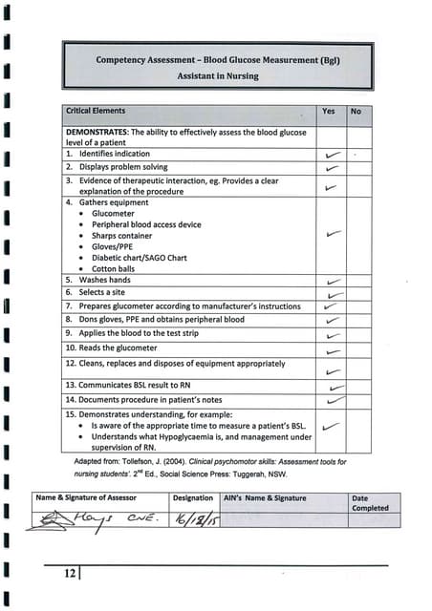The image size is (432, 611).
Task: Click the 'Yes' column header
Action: click(x=328, y=112)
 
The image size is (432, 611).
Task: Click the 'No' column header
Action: click(x=356, y=112)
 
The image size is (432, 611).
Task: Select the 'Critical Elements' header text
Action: click(x=96, y=112)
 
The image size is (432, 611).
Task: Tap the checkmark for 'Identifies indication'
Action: click(x=332, y=154)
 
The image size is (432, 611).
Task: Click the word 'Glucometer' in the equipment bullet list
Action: click(x=114, y=214)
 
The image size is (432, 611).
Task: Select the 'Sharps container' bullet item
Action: click(x=121, y=236)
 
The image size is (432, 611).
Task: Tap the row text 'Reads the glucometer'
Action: click(x=111, y=348)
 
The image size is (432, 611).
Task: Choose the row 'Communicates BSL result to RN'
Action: click(x=134, y=384)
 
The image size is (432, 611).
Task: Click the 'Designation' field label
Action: click(x=193, y=498)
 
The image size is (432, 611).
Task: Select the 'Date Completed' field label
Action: click(x=370, y=503)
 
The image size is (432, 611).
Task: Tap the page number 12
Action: click(x=70, y=573)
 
